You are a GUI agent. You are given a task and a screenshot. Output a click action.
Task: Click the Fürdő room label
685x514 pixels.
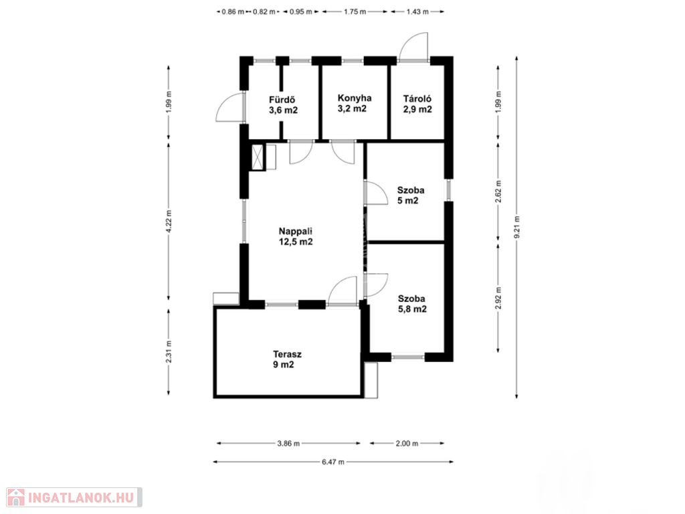[x=283, y=105]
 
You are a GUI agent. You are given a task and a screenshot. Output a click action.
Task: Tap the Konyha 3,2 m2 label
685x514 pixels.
[x=355, y=103]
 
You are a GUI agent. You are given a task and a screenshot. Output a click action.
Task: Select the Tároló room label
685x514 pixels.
[x=417, y=104]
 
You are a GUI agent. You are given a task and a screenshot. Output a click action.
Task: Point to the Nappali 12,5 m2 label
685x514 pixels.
[x=296, y=236]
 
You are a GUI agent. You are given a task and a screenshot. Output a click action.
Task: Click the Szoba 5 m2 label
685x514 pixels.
[x=411, y=195]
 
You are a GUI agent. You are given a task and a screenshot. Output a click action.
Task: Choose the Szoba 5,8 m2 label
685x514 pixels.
[x=412, y=304]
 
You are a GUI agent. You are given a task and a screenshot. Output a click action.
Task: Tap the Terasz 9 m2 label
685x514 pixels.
[x=287, y=359]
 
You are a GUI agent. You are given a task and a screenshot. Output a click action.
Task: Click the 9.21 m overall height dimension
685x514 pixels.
[x=517, y=228]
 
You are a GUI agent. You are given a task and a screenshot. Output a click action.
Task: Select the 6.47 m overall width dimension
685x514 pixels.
[x=333, y=462]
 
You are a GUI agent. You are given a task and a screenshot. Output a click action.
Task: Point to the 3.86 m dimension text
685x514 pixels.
[x=288, y=443]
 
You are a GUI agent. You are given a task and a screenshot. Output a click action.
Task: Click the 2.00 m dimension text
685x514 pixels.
[x=407, y=443]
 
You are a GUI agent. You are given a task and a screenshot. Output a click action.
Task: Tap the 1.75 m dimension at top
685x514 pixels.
[x=355, y=12]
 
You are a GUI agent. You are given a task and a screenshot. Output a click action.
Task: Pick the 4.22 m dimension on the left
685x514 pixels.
[x=169, y=221]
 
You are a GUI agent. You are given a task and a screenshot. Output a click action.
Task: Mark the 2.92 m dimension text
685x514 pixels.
[x=498, y=298]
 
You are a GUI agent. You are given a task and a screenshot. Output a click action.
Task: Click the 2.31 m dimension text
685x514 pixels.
[x=169, y=351]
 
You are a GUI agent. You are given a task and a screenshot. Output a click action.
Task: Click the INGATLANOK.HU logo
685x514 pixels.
[x=74, y=497]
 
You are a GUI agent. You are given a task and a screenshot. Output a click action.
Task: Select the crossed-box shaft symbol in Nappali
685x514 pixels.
[x=258, y=157]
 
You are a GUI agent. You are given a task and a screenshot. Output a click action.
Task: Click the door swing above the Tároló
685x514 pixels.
[x=413, y=46]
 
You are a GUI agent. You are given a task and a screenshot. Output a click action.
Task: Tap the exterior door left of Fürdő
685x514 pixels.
[x=230, y=106]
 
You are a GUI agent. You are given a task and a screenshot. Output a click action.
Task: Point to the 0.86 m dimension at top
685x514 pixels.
[x=233, y=12]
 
